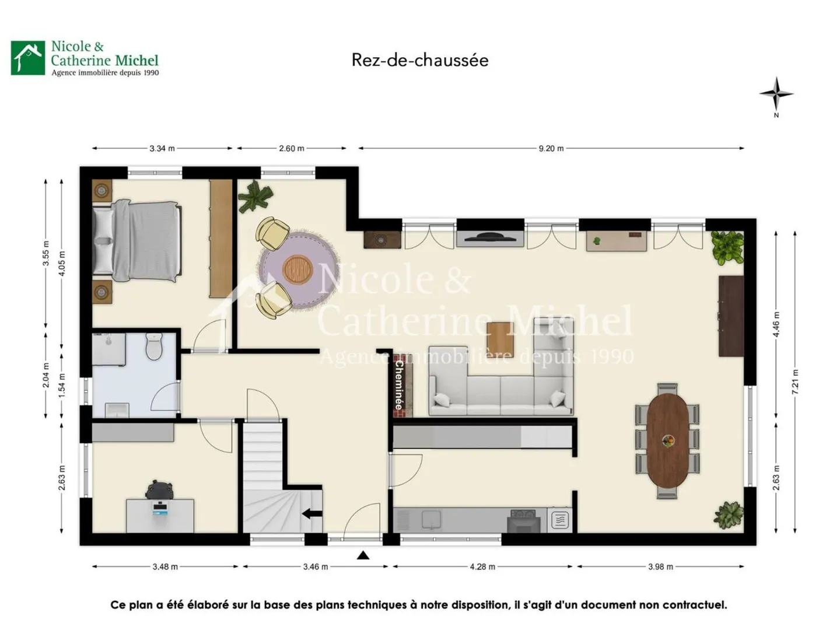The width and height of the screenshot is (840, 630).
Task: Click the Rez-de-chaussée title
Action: (x=420, y=60)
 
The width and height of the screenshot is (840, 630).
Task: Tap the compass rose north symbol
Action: (x=776, y=94)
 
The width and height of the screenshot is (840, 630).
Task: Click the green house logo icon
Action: (x=28, y=58)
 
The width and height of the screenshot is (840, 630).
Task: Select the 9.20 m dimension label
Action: (x=551, y=148)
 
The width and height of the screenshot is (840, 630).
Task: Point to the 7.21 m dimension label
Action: (x=795, y=381)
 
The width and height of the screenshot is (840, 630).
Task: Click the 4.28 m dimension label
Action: (x=482, y=566)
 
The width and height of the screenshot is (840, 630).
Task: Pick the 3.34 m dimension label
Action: (x=162, y=148)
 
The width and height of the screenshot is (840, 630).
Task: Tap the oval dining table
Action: (x=668, y=440)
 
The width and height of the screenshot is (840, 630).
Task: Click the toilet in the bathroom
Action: (x=154, y=346)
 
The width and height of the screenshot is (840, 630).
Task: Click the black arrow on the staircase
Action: (x=311, y=514)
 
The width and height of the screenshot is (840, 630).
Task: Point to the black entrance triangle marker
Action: (x=363, y=555)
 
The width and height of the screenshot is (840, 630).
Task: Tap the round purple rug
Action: (x=299, y=270)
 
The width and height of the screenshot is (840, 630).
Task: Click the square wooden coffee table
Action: (x=500, y=338)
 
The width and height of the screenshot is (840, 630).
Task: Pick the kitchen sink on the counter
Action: (x=432, y=519)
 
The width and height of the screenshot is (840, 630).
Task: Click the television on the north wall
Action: (x=489, y=237)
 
